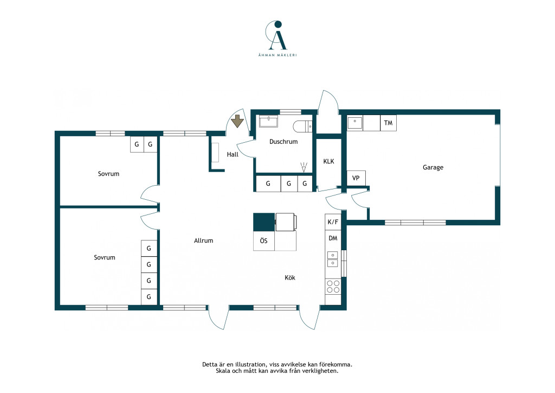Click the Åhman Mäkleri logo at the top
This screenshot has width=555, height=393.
277,39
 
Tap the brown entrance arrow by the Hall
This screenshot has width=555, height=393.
237,121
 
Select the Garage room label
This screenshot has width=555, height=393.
433,167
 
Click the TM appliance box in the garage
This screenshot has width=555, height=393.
388,123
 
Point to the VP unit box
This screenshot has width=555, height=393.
356,178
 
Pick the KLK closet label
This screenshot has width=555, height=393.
328,161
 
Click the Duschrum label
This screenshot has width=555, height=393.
283,141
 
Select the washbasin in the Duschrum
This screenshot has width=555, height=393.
269,121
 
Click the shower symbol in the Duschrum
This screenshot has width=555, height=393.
304,168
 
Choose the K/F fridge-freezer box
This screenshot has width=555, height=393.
333,222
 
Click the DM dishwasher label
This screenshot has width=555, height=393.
333,238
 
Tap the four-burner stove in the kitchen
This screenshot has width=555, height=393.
333,287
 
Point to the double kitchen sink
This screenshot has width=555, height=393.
332,259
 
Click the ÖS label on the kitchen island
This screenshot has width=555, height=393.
264,240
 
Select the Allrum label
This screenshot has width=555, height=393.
204,240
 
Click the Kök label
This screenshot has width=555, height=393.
290,278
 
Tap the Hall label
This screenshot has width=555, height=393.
233,155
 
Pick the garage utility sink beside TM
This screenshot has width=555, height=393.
354,123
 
